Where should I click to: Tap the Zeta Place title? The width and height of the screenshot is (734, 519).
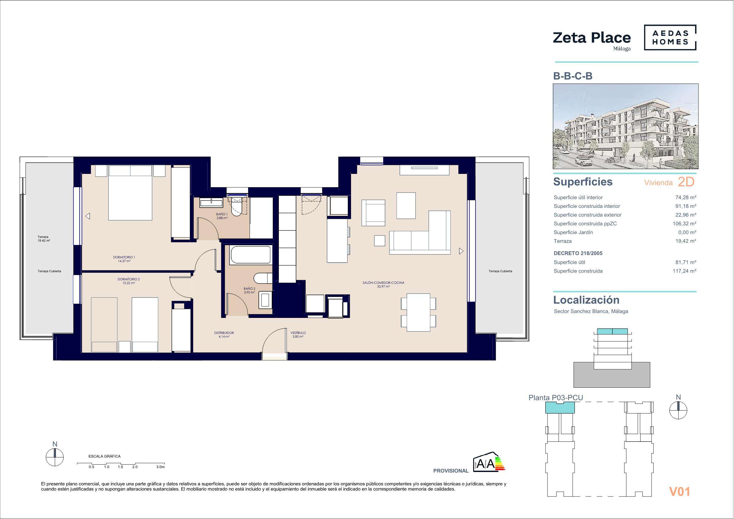point(592,38)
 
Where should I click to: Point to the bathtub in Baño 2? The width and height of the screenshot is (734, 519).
point(250,255)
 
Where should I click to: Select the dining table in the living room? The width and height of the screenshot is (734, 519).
point(418,312)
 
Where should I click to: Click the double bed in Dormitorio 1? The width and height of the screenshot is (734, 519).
point(130,193)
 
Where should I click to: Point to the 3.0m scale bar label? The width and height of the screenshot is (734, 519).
point(160,467)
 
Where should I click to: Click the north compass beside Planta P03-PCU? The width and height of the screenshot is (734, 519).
point(678,410)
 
